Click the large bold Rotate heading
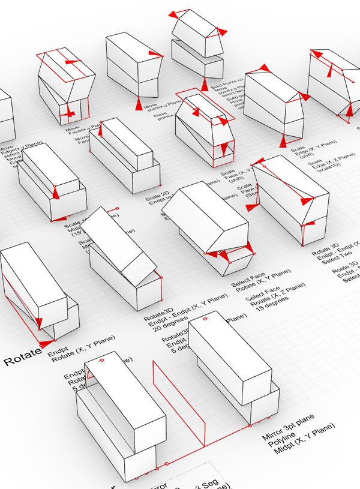23,361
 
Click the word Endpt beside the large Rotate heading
58,348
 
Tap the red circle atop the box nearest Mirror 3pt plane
102,361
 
